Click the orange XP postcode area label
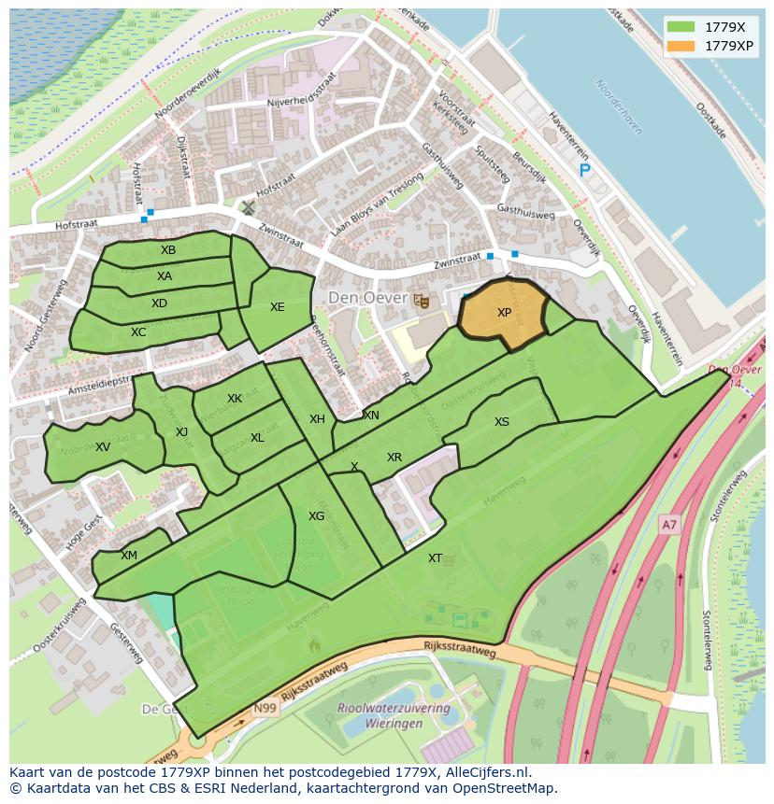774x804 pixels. coord(504,313)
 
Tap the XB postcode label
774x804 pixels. coord(168,250)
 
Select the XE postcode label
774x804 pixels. coord(278,307)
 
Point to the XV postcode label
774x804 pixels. coord(103,447)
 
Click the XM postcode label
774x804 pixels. coord(129,556)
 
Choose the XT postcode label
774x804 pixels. coord(436,558)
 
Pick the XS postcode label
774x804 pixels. coord(502,422)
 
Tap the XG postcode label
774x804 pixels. coord(317,516)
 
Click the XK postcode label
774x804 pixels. coord(235,399)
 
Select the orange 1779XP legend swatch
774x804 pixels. coord(681,46)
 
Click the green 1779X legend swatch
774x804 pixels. coord(681,27)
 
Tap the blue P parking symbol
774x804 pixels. coord(585,170)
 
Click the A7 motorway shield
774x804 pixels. coord(668,526)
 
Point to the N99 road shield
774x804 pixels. coord(265,709)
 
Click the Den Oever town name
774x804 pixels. coord(367,298)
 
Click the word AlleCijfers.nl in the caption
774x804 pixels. coord(485,772)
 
